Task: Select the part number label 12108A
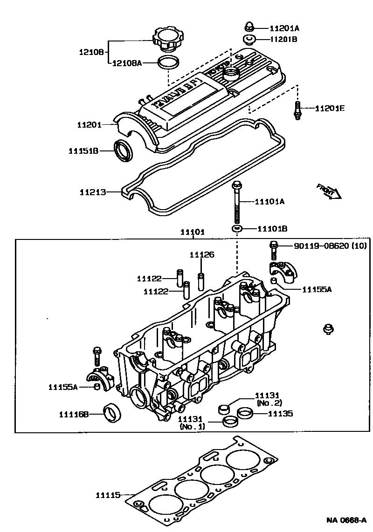(x=127, y=62)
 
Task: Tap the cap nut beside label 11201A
(x=249, y=27)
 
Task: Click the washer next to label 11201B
(x=249, y=39)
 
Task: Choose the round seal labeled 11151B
(x=124, y=150)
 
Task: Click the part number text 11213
(x=92, y=192)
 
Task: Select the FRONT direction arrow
(x=329, y=191)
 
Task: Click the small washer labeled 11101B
(x=237, y=229)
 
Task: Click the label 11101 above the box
(x=193, y=232)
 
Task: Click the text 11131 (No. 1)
(x=191, y=423)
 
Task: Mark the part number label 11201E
(x=330, y=109)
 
